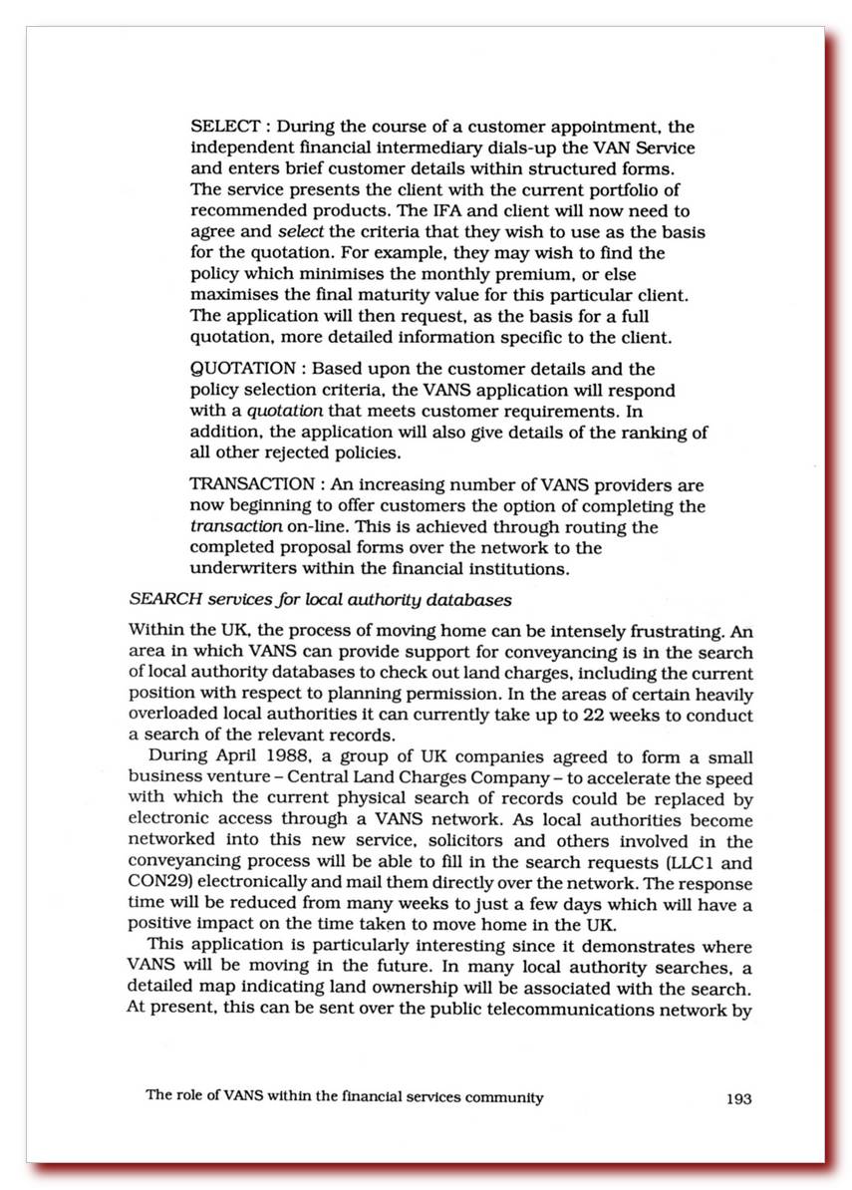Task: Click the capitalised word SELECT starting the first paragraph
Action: click(224, 128)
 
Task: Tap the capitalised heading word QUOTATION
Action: click(243, 369)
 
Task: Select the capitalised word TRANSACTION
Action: click(251, 485)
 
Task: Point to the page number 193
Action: click(738, 1099)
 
